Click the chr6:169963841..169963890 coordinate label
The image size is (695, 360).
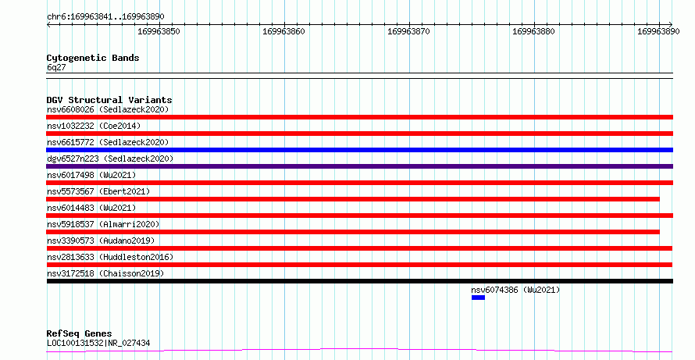[105, 16]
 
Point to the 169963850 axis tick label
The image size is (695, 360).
[159, 31]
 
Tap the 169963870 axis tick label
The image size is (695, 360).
[408, 31]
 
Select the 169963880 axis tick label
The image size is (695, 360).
[533, 31]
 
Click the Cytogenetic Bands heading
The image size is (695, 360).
[93, 58]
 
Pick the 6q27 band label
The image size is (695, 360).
[56, 67]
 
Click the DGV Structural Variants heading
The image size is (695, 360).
[109, 100]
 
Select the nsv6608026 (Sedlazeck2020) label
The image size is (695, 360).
[108, 109]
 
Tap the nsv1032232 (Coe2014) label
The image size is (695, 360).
[94, 126]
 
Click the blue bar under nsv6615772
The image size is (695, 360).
[359, 150]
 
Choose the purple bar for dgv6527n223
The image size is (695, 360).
[359, 166]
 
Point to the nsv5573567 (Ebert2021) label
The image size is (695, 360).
[98, 191]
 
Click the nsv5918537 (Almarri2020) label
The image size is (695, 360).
[103, 224]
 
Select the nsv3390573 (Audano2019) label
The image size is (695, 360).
[101, 241]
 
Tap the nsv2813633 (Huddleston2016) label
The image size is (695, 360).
[110, 257]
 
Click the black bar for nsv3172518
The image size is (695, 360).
[359, 281]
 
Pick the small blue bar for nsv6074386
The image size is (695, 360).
[478, 298]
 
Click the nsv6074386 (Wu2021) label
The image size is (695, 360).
[515, 290]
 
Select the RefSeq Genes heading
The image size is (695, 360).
[79, 333]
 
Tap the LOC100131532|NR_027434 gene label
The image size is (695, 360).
[98, 343]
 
